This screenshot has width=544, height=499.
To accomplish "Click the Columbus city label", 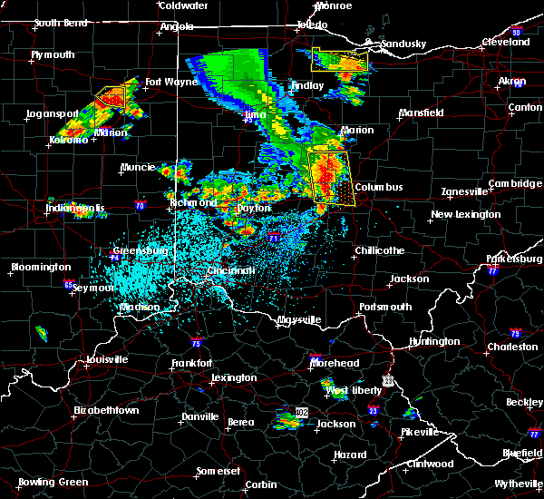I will tap(379, 187).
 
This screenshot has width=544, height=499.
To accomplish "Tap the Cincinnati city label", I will tap(234, 270).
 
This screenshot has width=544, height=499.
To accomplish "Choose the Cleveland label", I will tap(506, 42).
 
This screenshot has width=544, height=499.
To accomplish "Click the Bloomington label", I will tap(40, 267).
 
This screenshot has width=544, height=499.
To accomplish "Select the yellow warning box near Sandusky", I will tap(341, 60).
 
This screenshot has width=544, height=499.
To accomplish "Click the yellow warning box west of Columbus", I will tap(329, 178).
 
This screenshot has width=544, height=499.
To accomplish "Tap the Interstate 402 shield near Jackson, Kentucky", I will tap(298, 413).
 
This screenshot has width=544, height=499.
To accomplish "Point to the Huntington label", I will tap(433, 341).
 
